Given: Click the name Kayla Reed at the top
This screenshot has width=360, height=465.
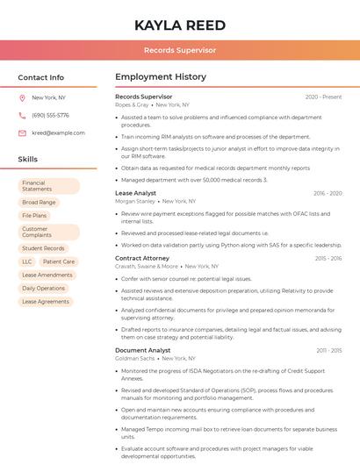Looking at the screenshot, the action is point(180,25).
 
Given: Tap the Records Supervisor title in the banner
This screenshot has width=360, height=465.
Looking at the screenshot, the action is point(180,50).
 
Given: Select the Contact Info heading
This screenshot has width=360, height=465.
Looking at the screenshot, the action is point(40,77).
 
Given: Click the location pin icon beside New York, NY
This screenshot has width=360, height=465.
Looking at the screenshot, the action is point(22,97).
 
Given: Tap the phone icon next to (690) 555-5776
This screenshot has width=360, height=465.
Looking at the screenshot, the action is point(22,115).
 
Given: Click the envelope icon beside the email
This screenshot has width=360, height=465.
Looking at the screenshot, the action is point(22,133).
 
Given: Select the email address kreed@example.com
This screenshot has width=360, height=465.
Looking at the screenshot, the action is point(58,133).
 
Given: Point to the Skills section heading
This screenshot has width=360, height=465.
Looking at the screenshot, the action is point(27,160).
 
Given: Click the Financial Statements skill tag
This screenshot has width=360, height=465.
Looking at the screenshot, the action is point(48,186).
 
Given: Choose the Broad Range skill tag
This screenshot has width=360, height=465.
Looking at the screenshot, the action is point(39,202).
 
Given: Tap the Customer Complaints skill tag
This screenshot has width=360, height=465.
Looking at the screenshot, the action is point(48,232).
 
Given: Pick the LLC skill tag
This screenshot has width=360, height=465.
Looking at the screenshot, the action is point(26,261).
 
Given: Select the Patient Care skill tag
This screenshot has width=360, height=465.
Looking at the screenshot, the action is point(59,261).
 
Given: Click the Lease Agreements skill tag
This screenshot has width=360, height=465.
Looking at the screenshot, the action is point(45,301).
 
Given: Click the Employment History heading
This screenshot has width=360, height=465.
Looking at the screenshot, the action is point(160,77).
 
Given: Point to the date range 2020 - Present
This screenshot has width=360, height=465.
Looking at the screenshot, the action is point(323,97).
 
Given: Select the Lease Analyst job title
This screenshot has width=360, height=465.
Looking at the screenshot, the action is point(135,193).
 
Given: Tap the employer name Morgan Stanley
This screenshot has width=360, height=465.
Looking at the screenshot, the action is point(134,201).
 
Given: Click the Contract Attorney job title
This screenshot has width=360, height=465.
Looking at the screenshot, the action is point(141,259).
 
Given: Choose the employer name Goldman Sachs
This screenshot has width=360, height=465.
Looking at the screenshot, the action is point(134,358).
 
